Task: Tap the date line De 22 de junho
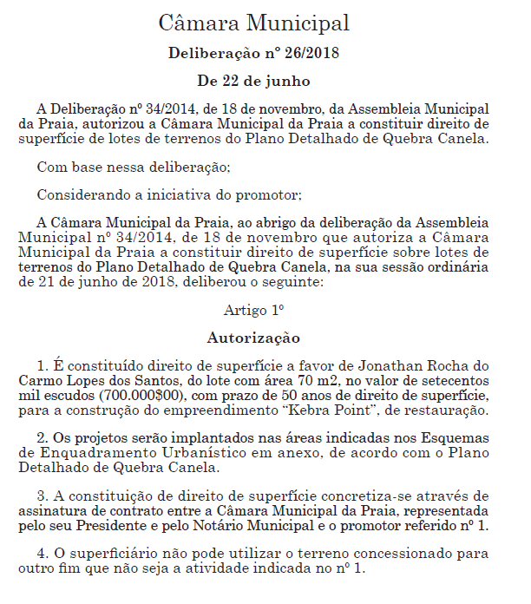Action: click(x=253, y=81)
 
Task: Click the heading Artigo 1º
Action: click(x=254, y=309)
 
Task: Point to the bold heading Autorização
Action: click(x=253, y=337)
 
